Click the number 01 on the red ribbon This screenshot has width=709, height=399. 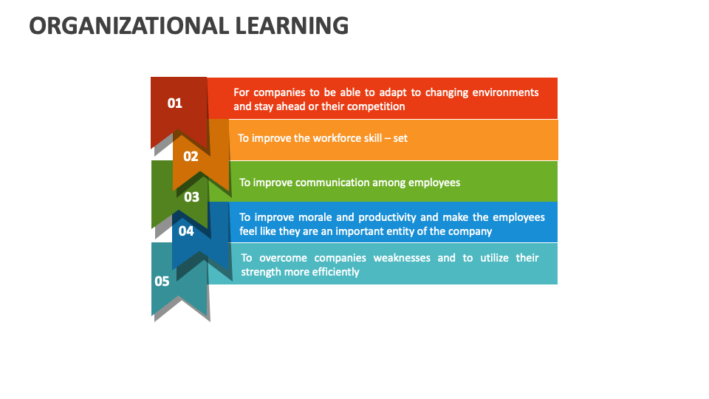pyautogui.click(x=174, y=103)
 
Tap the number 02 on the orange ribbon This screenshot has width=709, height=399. pyautogui.click(x=191, y=156)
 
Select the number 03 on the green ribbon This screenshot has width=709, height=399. pyautogui.click(x=191, y=197)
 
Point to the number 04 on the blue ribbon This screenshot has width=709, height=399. pyautogui.click(x=186, y=231)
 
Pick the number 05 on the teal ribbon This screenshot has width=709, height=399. pyautogui.click(x=162, y=281)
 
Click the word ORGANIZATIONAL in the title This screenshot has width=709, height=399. pyautogui.click(x=129, y=26)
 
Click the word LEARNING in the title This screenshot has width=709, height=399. pyautogui.click(x=292, y=26)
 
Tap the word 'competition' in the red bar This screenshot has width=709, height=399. pyautogui.click(x=373, y=106)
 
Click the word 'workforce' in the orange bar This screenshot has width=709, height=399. pyautogui.click(x=337, y=138)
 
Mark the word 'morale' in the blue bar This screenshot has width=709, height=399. pyautogui.click(x=334, y=217)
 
